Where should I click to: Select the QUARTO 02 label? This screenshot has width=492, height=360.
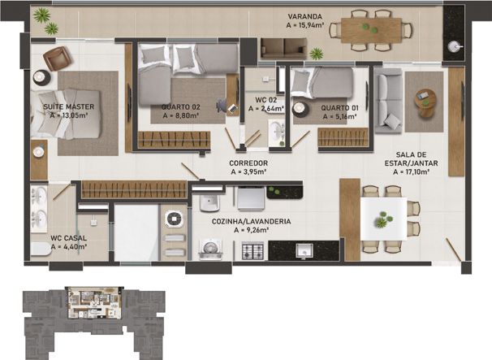click(x=181, y=106)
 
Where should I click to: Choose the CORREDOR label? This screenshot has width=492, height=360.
click(x=249, y=163)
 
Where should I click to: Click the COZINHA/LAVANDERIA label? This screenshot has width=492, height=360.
click(x=251, y=220)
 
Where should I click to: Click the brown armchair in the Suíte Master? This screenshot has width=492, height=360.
click(x=57, y=58)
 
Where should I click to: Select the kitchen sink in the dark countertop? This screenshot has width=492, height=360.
click(x=305, y=251)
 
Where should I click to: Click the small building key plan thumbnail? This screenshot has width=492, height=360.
click(x=90, y=312)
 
